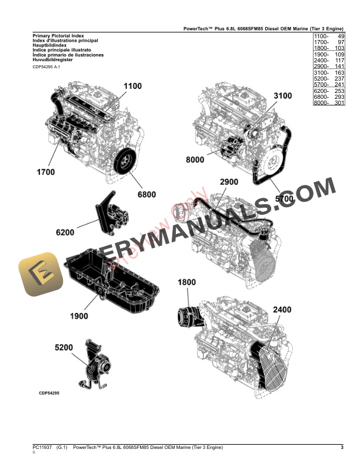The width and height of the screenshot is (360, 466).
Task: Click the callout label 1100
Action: [132, 86]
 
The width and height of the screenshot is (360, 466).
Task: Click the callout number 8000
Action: [195, 160]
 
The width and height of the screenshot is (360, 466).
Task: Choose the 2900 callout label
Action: [229, 183]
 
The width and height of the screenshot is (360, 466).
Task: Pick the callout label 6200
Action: [65, 232]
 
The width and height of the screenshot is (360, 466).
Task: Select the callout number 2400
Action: [282, 309]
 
